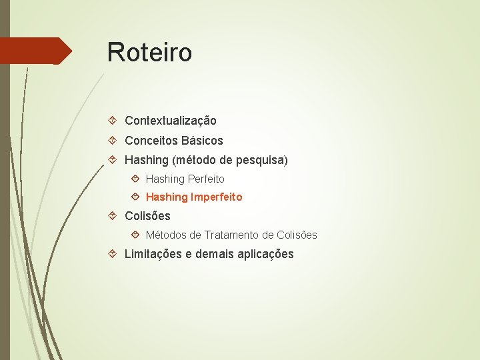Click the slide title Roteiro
[149, 52]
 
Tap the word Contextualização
[171, 121]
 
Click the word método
[198, 161]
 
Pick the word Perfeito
[206, 179]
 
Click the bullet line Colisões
[147, 216]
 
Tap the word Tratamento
[232, 235]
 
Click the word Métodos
[167, 235]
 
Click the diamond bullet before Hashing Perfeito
[135, 179]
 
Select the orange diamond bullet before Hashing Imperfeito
[135, 197]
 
